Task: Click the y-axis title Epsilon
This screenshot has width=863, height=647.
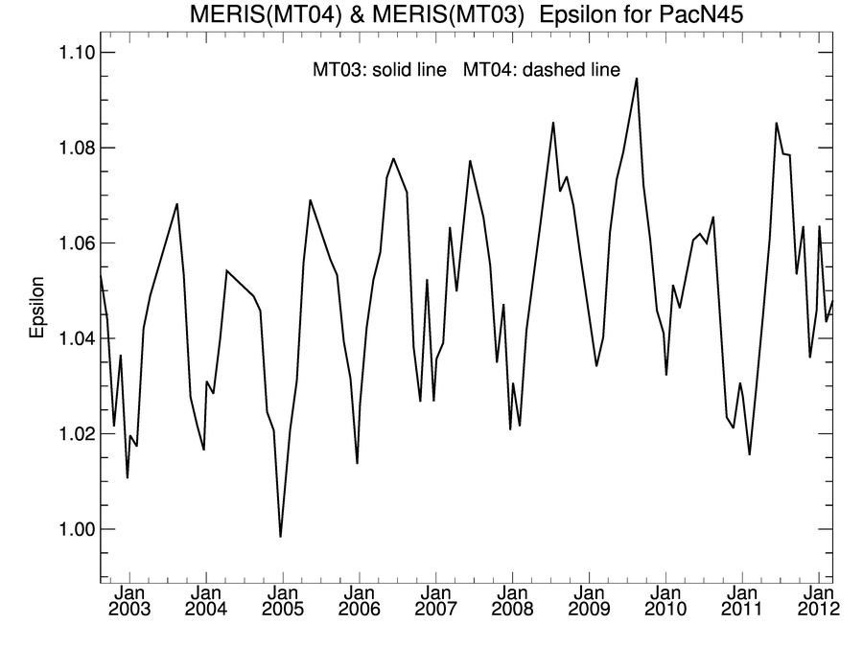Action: coord(37,309)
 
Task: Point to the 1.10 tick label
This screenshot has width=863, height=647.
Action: coord(70,52)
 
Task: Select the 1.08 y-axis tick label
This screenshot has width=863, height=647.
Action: coord(70,148)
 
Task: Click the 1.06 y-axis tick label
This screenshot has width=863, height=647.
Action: coord(70,243)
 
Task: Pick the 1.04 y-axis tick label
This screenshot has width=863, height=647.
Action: coord(70,338)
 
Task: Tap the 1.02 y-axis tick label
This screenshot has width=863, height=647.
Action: coord(70,433)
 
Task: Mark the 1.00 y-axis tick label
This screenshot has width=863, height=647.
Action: coord(70,529)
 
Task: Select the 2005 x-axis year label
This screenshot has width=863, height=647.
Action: coord(282,610)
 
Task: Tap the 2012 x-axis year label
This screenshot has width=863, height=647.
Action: coord(817,610)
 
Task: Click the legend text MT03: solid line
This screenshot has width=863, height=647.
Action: coord(380,70)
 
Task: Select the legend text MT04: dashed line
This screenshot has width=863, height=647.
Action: coord(542,70)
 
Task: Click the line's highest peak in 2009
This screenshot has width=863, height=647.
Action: coord(637,79)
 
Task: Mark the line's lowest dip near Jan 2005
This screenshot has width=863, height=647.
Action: coord(280,537)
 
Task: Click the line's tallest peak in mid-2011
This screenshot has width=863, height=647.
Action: coord(777,123)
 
